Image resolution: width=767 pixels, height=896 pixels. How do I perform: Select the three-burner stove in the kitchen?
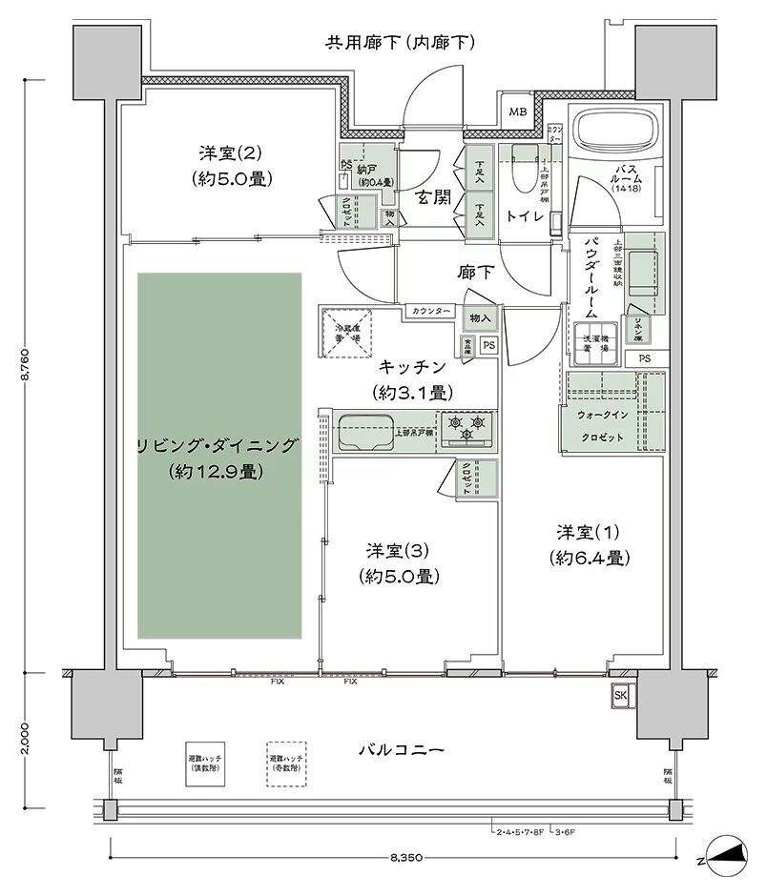coord(466,426)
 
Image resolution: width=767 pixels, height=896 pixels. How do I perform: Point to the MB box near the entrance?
coord(517,112)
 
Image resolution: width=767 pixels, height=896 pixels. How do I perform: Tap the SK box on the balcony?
coord(621,694)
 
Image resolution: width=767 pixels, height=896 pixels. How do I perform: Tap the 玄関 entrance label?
coord(432,197)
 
